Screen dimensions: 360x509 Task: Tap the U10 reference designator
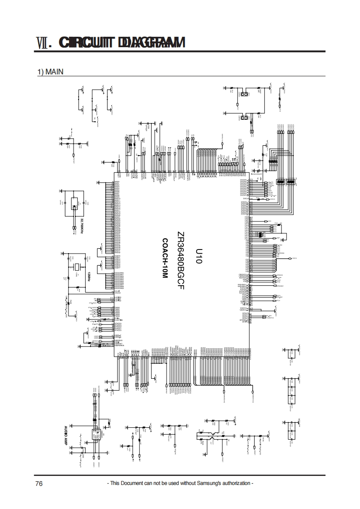point(198,256)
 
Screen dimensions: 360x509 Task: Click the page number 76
point(39,484)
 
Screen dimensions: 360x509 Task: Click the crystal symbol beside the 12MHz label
point(78,267)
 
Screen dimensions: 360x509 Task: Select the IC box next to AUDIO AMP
point(96,434)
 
